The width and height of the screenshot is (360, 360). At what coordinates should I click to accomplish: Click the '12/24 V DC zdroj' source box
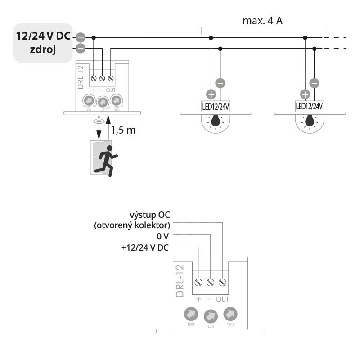[x=43, y=43]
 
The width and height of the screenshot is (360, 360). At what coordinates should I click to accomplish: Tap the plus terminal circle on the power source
[x=81, y=38]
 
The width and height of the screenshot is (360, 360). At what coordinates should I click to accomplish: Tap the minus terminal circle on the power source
[x=81, y=48]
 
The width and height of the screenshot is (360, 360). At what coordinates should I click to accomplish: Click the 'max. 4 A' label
[x=262, y=21]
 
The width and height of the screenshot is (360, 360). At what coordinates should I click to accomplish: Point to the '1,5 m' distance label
[x=123, y=130]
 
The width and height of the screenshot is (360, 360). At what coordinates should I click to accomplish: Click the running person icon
[x=108, y=160]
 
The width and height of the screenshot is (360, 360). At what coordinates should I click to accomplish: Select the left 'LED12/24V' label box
[x=216, y=107]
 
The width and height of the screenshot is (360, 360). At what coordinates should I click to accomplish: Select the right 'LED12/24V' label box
[x=310, y=107]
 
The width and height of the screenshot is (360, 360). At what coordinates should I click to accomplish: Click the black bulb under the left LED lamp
[x=216, y=121]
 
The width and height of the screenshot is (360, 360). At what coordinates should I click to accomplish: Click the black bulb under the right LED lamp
[x=310, y=121]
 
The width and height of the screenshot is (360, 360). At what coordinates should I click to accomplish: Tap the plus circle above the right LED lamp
[x=305, y=94]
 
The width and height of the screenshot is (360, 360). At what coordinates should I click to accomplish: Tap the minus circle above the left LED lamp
[x=220, y=83]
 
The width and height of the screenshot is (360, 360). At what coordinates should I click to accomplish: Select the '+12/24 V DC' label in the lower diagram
[x=146, y=247]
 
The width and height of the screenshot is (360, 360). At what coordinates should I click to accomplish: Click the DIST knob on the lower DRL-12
[x=191, y=314]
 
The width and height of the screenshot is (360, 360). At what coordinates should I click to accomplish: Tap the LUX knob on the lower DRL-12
[x=210, y=316]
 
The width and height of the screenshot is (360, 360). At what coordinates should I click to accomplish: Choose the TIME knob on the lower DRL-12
[x=230, y=314]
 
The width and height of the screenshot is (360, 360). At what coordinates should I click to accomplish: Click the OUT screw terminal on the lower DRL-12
[x=222, y=282]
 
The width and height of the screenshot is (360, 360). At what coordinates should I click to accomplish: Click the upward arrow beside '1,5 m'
[x=108, y=128]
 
